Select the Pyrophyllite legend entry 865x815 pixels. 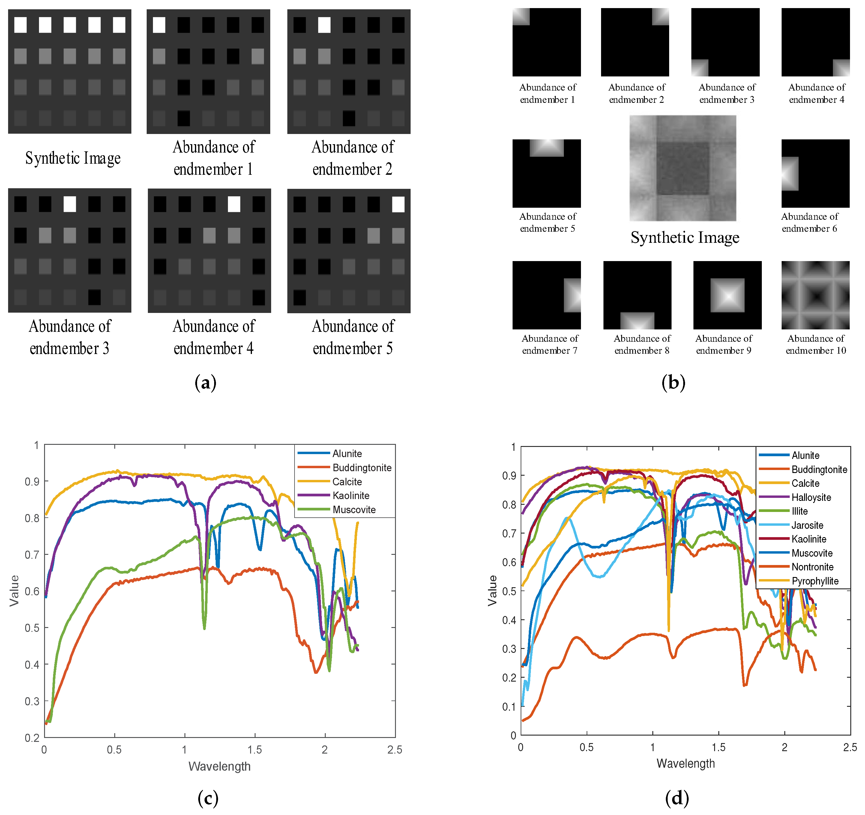pos(815,581)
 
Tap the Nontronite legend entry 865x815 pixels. pos(812,567)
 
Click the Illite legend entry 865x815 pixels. pos(800,511)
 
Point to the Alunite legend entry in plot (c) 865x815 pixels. pos(347,454)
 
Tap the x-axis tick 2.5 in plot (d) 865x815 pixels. pos(850,748)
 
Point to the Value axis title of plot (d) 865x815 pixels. pos(492,590)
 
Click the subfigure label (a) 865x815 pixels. pos(205,383)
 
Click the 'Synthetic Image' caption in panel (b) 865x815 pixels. pos(685,237)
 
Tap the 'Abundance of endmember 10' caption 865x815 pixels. pos(816,344)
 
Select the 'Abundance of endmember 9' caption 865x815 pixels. pos(724,344)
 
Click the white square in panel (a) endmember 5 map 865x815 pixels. pos(398,204)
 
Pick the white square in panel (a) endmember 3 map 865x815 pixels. pos(70,204)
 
